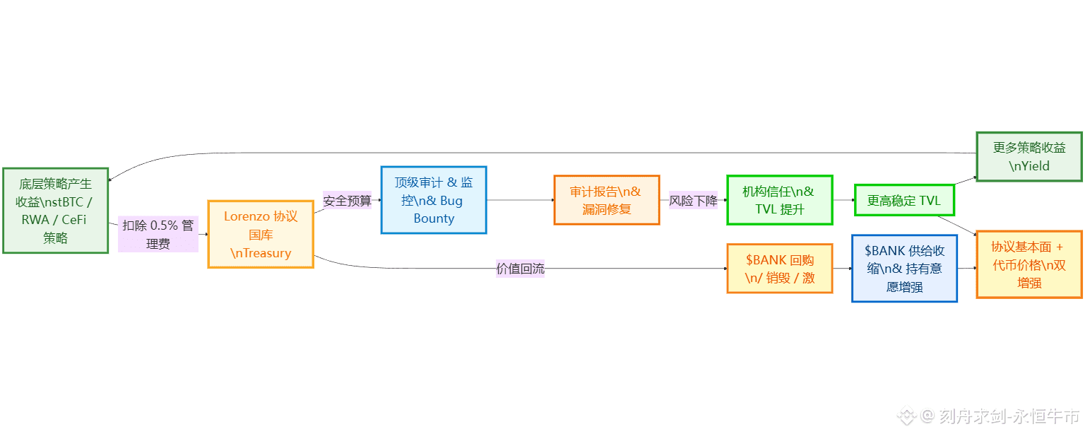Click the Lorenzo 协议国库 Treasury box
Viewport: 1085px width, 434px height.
pyautogui.click(x=261, y=234)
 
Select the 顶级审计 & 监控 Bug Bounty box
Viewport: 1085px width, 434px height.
pyautogui.click(x=434, y=200)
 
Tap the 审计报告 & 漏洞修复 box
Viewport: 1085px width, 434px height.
pyautogui.click(x=606, y=200)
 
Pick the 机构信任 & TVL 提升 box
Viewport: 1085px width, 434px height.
pyautogui.click(x=779, y=200)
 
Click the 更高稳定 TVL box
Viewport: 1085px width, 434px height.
pyautogui.click(x=904, y=200)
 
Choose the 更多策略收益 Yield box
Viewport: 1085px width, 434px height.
pyautogui.click(x=1028, y=157)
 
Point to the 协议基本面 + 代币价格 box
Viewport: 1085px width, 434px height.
pyautogui.click(x=1028, y=264)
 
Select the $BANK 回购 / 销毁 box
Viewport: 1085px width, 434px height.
pyautogui.click(x=779, y=269)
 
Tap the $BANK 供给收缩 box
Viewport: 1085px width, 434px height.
pyautogui.click(x=904, y=269)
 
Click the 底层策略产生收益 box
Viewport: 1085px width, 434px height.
pyautogui.click(x=55, y=211)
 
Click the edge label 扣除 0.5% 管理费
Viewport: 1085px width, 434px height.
pyautogui.click(x=158, y=234)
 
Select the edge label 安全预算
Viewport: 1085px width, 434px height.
pyautogui.click(x=348, y=201)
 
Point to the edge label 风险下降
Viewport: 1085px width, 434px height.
pyautogui.click(x=693, y=201)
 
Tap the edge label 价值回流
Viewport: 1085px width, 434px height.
pyautogui.click(x=520, y=269)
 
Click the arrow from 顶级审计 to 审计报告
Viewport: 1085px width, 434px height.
pyautogui.click(x=520, y=200)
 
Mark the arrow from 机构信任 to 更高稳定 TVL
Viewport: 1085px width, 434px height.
pyautogui.click(x=843, y=200)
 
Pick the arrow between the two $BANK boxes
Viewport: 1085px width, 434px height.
pyautogui.click(x=842, y=269)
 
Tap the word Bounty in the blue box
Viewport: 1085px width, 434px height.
pyautogui.click(x=434, y=218)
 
